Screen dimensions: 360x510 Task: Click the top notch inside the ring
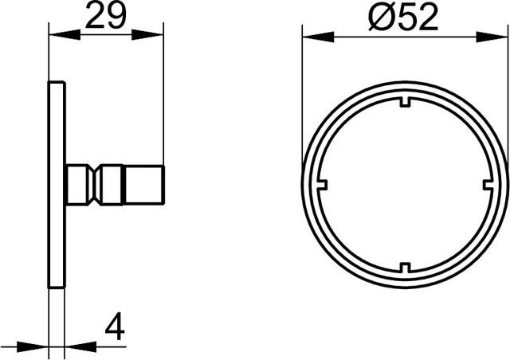[404, 100]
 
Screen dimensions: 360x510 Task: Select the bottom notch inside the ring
[404, 266]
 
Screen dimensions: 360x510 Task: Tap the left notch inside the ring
[321, 183]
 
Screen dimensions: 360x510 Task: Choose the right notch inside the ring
[487, 183]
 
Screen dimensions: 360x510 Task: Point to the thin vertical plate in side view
[57, 183]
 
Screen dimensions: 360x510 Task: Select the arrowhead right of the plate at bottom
[73, 347]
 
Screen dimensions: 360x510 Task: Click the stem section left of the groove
[76, 183]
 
